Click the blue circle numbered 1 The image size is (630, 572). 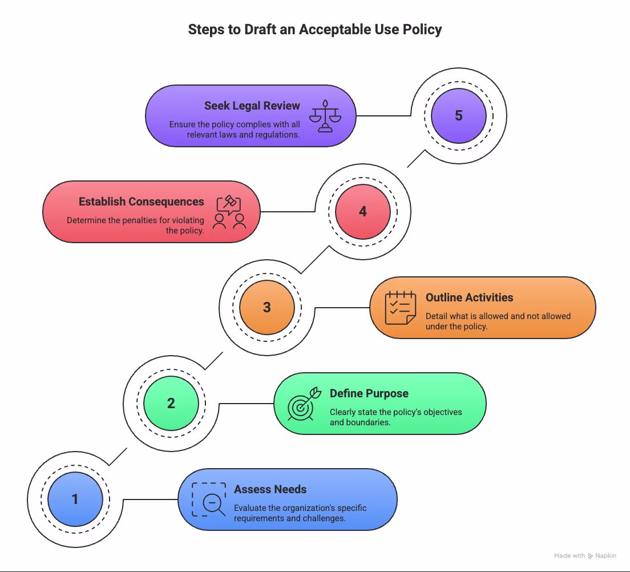click(75, 500)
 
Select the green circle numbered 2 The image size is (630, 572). click(171, 404)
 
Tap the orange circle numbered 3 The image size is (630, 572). click(267, 308)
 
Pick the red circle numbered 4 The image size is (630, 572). click(363, 212)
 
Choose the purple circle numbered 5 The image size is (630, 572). click(459, 116)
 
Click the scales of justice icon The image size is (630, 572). click(325, 116)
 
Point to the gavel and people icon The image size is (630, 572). click(229, 212)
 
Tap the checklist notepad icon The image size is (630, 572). click(400, 308)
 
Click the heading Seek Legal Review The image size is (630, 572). click(252, 106)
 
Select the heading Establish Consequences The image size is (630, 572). click(141, 202)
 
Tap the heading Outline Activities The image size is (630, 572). click(469, 297)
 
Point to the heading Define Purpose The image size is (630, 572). click(369, 393)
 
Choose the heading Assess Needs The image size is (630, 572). click(270, 489)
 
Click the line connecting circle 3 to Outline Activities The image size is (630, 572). click(342, 308)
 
